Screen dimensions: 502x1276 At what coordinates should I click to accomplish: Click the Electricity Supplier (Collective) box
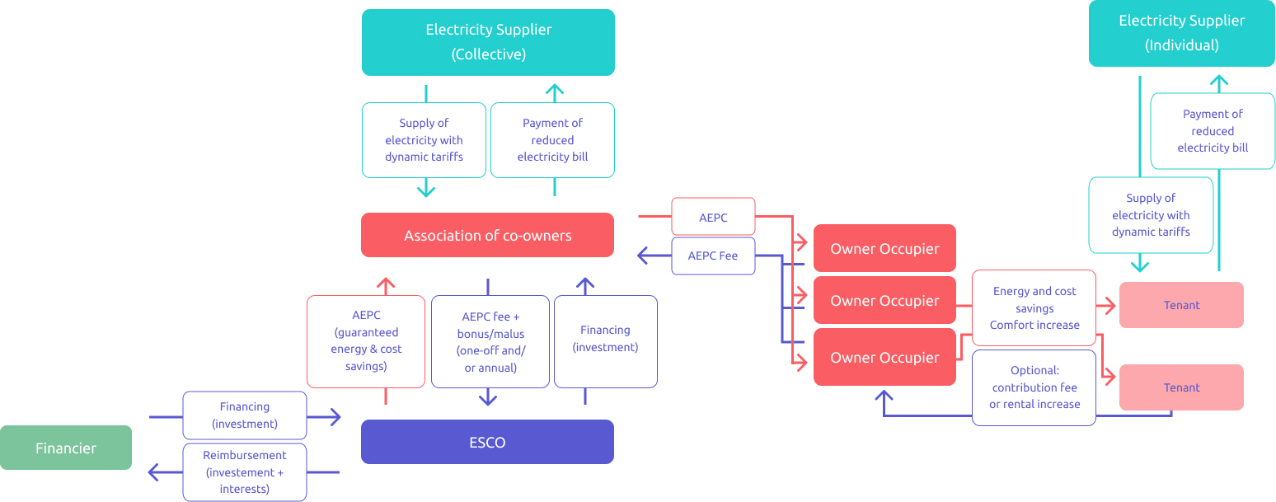[488, 42]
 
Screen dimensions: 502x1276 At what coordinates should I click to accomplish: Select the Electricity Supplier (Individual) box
[1181, 33]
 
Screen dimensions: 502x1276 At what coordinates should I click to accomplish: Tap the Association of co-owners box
[487, 236]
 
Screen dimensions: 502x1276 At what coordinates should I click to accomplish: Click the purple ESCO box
[487, 442]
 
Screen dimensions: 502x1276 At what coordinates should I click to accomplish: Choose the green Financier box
[66, 448]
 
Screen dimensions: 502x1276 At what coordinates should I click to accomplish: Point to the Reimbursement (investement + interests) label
[245, 472]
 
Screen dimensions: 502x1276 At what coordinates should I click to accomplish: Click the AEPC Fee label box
[713, 256]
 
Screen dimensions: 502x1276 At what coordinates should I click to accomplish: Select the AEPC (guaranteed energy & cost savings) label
[365, 340]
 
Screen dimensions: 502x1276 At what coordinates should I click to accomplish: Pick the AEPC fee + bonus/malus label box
[490, 341]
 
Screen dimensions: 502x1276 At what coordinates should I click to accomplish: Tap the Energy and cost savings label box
[1034, 307]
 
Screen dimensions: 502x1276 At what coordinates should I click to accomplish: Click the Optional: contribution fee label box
[1034, 387]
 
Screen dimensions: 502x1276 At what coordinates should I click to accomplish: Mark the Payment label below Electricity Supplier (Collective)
[552, 140]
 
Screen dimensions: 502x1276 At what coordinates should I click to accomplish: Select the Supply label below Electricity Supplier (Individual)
[1151, 215]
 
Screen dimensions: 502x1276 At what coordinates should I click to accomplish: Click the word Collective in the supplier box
[489, 54]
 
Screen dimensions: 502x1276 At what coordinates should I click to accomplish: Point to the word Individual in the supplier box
[1181, 45]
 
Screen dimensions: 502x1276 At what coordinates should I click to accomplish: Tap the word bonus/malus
[490, 334]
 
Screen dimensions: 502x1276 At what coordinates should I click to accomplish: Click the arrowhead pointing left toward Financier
[153, 472]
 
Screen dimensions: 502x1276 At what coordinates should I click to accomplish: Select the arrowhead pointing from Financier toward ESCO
[335, 417]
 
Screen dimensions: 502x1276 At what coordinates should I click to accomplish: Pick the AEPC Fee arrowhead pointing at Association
[643, 256]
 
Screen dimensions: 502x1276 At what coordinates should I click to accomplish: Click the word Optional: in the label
[1034, 370]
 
